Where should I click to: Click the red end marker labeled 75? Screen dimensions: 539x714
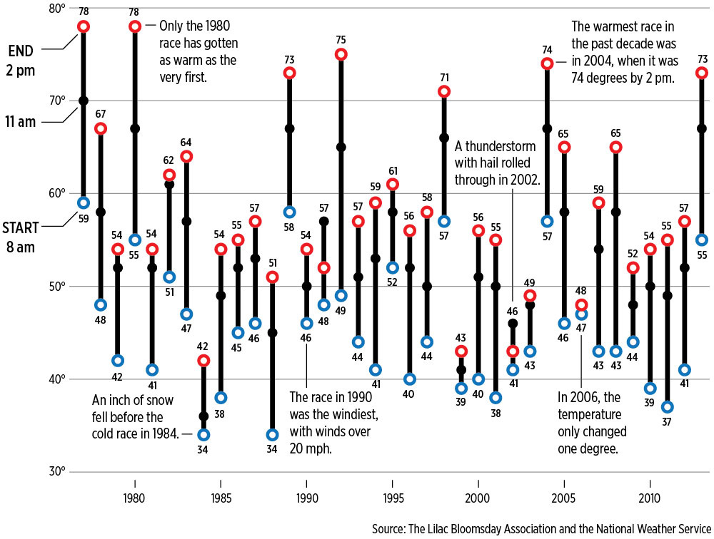coord(341,54)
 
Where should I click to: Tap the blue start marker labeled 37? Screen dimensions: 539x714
coord(667,407)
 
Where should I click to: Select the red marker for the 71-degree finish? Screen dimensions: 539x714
coord(444,91)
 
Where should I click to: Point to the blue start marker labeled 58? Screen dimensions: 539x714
coord(289,212)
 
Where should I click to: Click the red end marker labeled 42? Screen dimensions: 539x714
coord(203,361)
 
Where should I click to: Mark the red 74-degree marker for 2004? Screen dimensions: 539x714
coord(547,63)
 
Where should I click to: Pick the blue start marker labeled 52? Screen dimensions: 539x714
coord(393,267)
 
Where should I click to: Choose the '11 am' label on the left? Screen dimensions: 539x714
coord(22,122)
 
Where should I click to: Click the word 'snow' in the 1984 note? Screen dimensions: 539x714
coord(159,400)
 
